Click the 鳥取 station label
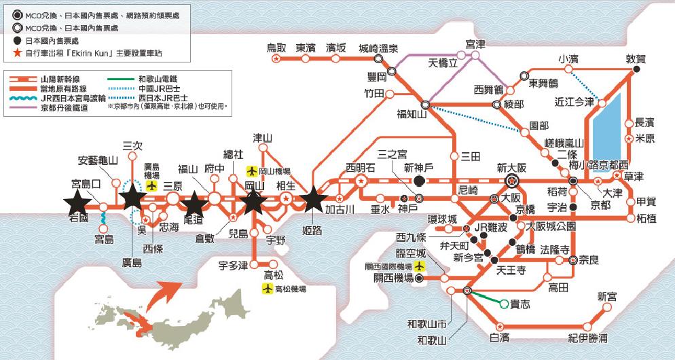(x=276, y=48)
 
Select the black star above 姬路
(x=313, y=199)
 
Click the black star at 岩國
(x=77, y=200)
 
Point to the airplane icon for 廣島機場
(x=151, y=185)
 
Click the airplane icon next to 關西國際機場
(x=420, y=265)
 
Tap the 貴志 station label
(x=521, y=306)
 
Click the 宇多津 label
(x=232, y=264)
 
